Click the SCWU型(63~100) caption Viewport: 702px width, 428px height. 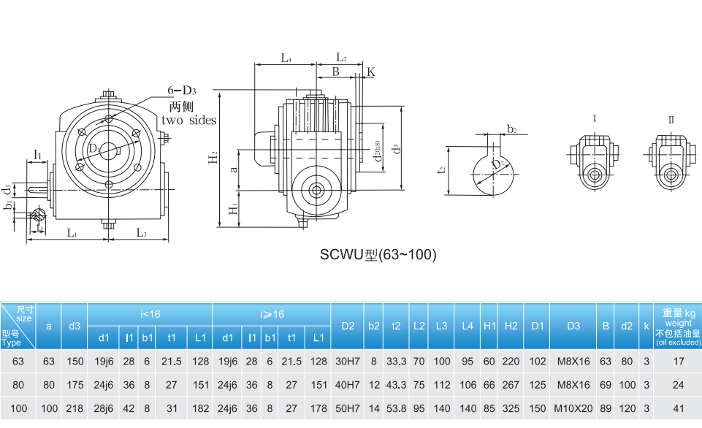click(x=378, y=254)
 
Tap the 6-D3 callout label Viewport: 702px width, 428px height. click(x=182, y=90)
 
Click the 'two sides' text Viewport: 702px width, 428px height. click(x=189, y=120)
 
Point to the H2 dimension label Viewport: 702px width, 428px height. click(x=211, y=157)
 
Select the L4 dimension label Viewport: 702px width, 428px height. click(x=286, y=58)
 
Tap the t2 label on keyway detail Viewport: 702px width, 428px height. click(x=440, y=169)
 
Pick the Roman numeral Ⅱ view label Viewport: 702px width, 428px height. click(x=671, y=119)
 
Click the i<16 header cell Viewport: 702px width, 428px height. click(x=150, y=314)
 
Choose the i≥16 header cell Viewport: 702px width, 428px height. click(x=272, y=314)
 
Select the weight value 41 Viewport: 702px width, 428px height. click(x=677, y=409)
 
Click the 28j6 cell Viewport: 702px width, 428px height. click(x=104, y=409)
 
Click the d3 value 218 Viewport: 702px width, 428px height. click(x=74, y=409)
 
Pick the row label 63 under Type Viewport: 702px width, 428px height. click(x=18, y=361)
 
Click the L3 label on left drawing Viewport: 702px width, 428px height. click(x=141, y=233)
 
